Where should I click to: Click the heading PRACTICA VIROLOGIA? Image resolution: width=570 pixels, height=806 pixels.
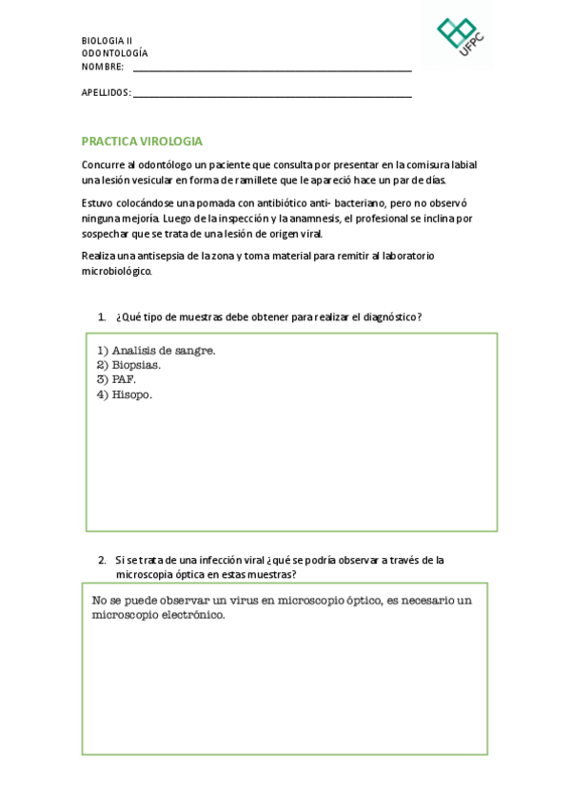coord(142,141)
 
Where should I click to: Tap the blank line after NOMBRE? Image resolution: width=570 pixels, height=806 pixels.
coord(272,68)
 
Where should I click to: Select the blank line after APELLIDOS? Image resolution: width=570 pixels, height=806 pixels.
coord(272,94)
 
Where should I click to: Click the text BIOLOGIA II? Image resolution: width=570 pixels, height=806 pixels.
coord(107,41)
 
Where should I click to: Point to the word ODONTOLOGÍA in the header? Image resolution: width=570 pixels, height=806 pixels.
coord(114,53)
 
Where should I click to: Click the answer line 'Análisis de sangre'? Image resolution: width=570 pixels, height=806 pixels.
coord(156,350)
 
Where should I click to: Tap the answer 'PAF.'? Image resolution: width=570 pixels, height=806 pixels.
coord(117,378)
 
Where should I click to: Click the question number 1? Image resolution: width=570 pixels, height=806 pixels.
coord(102,317)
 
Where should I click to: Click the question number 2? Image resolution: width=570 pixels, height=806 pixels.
coord(102,560)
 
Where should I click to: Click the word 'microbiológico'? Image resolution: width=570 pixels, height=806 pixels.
coord(116,271)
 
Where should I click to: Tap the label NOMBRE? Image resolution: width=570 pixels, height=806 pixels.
coord(103,67)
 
